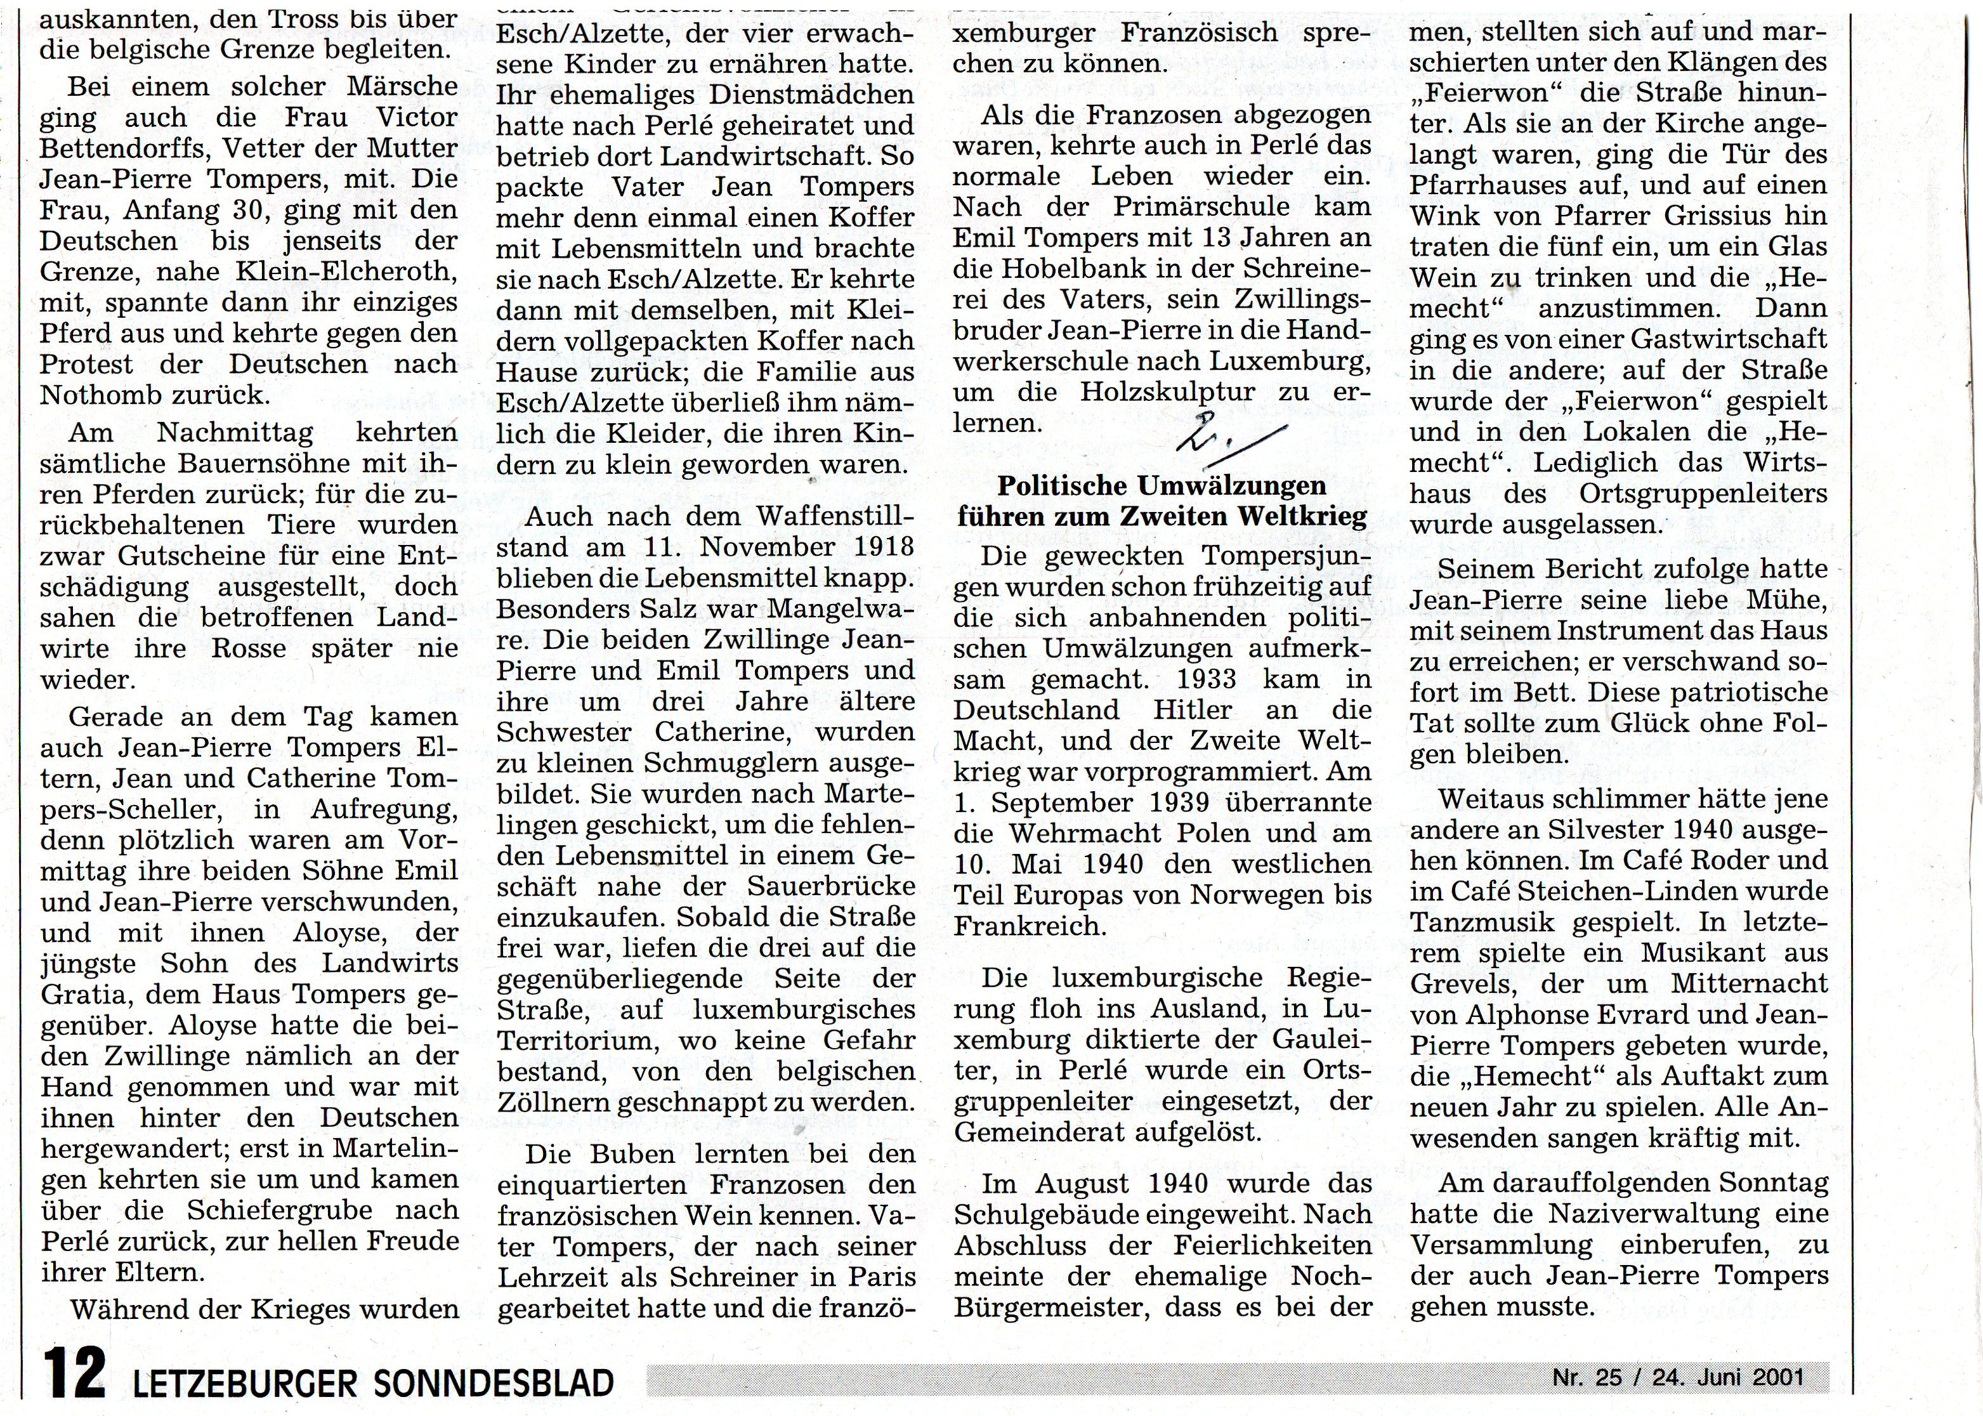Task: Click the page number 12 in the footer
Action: pos(76,1382)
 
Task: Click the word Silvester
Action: pos(1613,830)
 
